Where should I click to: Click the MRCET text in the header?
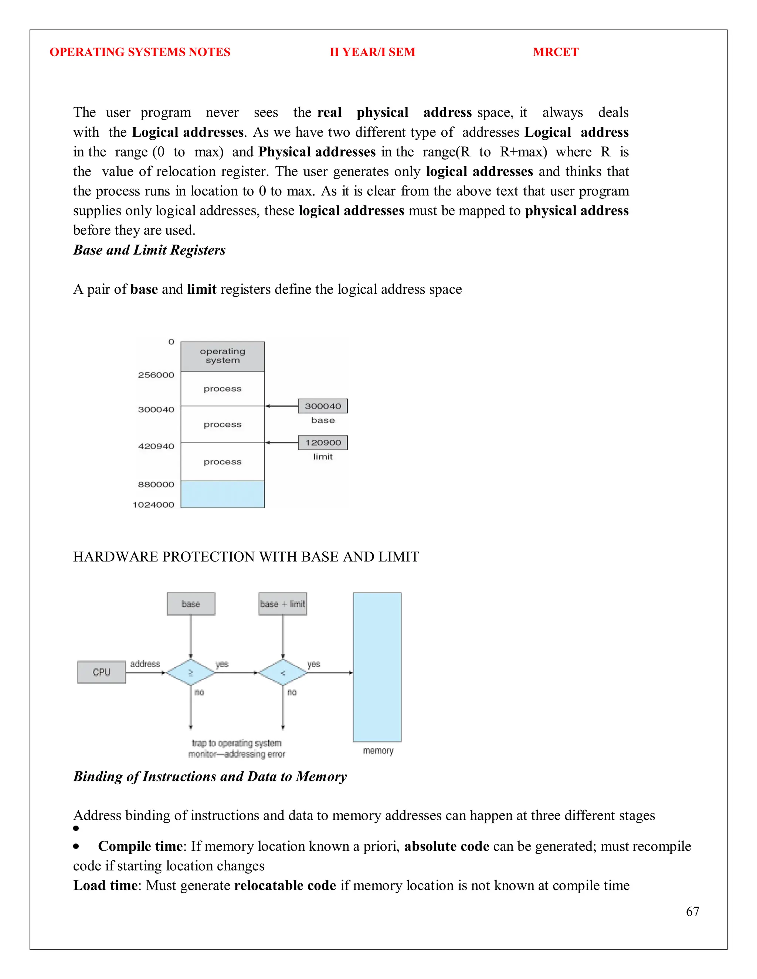tap(555, 52)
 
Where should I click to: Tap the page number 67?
tap(692, 911)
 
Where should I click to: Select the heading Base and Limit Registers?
tap(149, 250)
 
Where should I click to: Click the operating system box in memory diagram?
tap(223, 356)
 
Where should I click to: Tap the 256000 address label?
tap(156, 375)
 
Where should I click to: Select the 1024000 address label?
tap(153, 505)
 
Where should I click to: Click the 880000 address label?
tap(156, 484)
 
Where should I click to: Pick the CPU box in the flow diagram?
tap(101, 672)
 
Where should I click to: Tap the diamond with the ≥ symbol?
tap(191, 672)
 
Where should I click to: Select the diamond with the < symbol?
tap(283, 672)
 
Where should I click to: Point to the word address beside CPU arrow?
tap(145, 664)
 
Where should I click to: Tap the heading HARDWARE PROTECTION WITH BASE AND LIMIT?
tap(246, 557)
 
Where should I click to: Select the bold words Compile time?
tap(140, 846)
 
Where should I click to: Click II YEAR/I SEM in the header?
tap(372, 52)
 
